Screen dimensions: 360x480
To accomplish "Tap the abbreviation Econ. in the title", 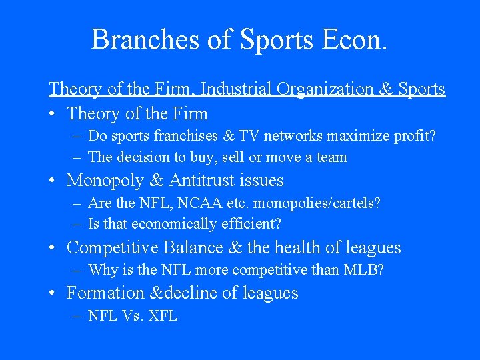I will point(354,39).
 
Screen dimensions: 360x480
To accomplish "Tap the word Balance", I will point(188,248).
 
